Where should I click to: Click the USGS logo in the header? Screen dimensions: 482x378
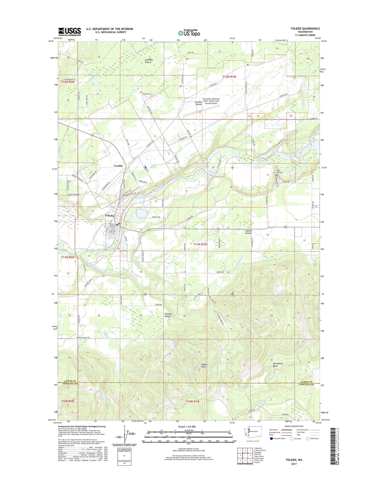[70, 32]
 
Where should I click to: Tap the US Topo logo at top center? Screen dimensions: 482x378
[189, 33]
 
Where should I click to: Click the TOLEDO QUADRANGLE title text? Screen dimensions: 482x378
[305, 28]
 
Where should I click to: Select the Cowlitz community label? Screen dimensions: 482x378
[118, 166]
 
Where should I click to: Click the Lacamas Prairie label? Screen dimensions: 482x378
[148, 61]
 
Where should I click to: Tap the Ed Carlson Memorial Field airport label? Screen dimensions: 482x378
[211, 101]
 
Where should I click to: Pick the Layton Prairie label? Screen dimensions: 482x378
[248, 232]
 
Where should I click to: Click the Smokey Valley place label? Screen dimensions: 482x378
[168, 315]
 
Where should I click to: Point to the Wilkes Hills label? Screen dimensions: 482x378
[204, 365]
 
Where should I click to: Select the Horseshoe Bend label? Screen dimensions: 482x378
[278, 365]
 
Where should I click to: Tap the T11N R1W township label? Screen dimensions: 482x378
[200, 244]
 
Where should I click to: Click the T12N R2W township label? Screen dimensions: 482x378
[68, 82]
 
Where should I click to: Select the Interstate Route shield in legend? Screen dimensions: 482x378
[271, 438]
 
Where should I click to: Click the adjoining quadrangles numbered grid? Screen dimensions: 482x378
[245, 456]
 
